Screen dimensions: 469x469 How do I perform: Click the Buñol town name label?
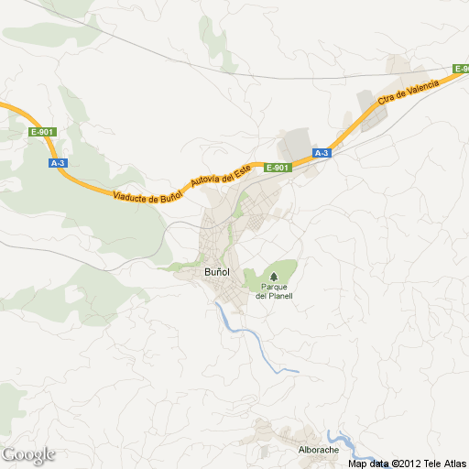tap(216, 273)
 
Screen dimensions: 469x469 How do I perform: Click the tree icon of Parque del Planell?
tap(274, 276)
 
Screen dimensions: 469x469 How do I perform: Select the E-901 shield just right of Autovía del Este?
tap(278, 168)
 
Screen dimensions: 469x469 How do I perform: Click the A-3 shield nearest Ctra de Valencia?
tap(322, 153)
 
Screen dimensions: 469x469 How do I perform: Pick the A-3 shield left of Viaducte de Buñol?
tap(58, 163)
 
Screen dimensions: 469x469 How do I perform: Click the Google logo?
tap(28, 454)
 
